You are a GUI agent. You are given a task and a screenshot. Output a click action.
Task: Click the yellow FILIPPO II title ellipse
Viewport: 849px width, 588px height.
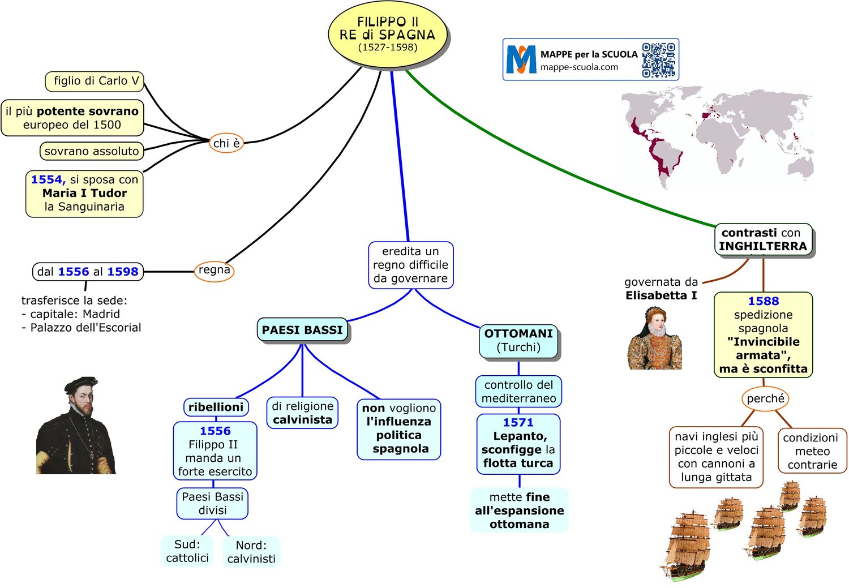click(388, 34)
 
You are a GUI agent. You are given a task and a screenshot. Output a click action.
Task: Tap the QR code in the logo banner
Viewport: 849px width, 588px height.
click(659, 60)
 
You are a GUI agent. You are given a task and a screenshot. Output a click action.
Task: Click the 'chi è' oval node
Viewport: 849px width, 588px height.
click(226, 143)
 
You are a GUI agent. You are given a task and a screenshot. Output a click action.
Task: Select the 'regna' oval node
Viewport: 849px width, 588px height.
click(215, 271)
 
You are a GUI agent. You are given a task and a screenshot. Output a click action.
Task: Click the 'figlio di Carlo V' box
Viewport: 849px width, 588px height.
click(95, 81)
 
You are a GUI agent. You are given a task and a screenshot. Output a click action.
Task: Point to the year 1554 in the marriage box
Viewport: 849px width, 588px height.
click(48, 179)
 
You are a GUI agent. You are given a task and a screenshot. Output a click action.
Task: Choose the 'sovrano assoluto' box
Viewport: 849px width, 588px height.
click(92, 151)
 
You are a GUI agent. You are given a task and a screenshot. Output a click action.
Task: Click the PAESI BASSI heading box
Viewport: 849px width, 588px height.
click(302, 330)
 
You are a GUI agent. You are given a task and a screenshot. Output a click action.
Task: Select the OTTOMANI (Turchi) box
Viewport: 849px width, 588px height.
click(518, 341)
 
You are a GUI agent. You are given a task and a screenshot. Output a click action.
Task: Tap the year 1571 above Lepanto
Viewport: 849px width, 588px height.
click(518, 422)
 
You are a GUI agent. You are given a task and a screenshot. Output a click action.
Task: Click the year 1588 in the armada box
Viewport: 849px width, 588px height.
click(763, 301)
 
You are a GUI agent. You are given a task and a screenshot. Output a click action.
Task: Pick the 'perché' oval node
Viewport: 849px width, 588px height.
click(765, 398)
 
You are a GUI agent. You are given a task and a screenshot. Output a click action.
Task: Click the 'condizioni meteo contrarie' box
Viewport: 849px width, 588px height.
click(812, 451)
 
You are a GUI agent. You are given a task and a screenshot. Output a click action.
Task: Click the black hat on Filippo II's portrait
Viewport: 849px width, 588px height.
click(80, 384)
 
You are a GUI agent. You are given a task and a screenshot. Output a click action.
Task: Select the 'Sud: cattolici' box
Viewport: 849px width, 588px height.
click(187, 551)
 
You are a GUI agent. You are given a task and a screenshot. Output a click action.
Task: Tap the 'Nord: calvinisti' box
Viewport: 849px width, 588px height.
click(251, 552)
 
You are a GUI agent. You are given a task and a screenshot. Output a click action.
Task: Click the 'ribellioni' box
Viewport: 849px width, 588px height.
click(216, 407)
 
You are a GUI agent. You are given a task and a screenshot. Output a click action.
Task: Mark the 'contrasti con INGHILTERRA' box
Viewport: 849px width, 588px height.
click(763, 239)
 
